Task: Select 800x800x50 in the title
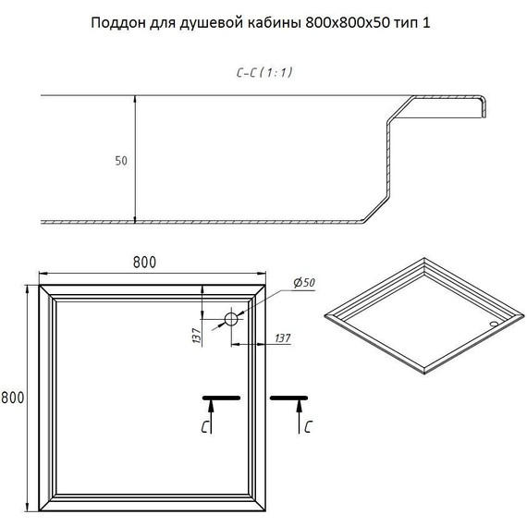coord(348,23)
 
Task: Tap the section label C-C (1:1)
coord(264,72)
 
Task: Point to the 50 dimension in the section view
coord(121,161)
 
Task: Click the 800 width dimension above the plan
coord(144,263)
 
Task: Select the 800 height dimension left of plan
coord(13,398)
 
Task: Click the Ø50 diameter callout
coord(304,283)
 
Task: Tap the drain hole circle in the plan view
coord(231,319)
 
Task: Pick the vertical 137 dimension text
coord(196,336)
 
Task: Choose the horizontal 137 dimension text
coord(282,337)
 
